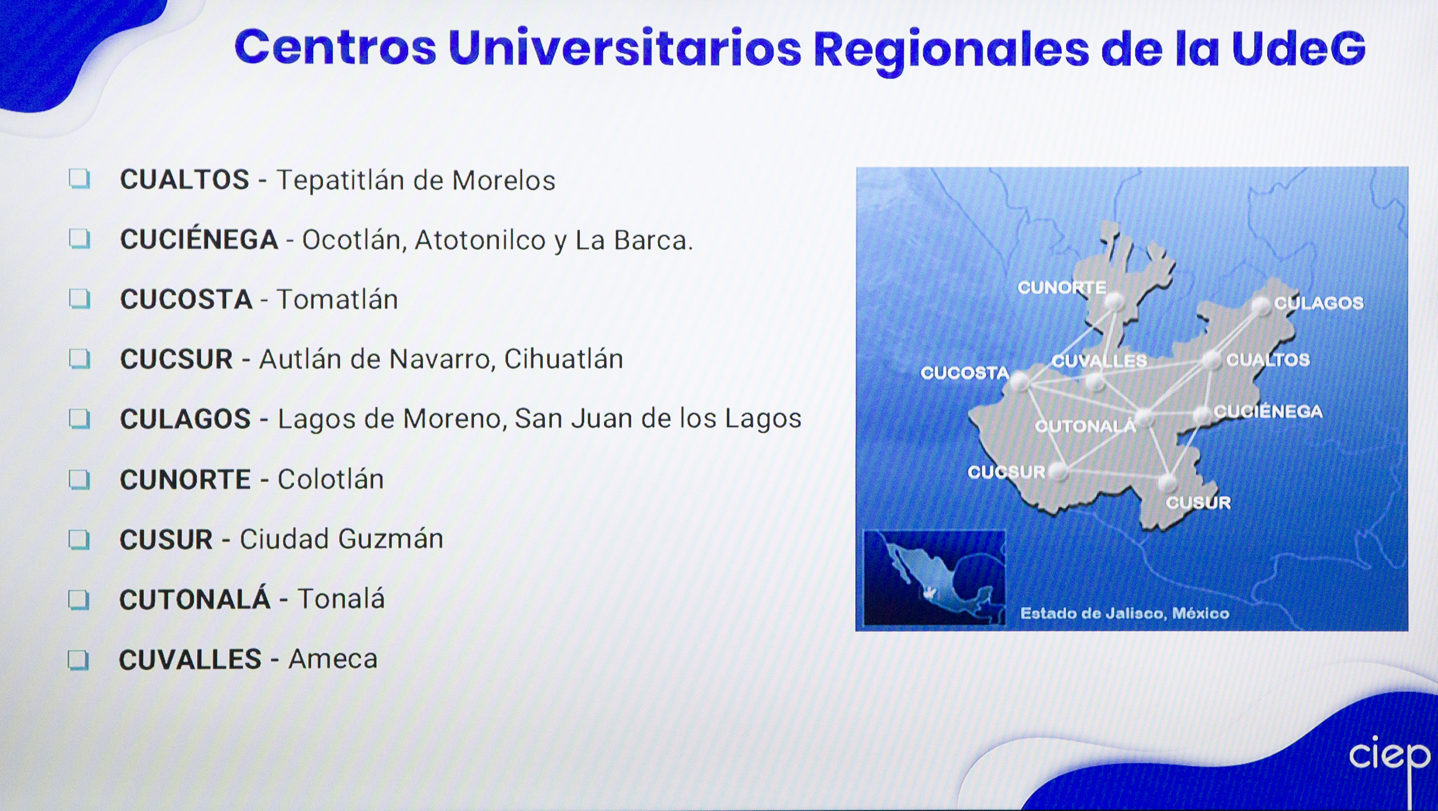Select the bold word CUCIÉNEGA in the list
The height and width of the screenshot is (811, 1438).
coord(199,240)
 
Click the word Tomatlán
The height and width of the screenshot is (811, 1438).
coord(337,299)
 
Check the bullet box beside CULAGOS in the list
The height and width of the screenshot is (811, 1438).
coord(79,418)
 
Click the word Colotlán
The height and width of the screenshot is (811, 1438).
coord(331,479)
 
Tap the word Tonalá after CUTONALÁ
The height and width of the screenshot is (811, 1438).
coord(341,599)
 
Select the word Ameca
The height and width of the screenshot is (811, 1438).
coord(333,659)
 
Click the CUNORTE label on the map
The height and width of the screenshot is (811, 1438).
coord(1062,288)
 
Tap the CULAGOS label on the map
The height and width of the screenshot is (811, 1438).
coord(1318,303)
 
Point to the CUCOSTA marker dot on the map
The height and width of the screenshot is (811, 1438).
coord(1019,382)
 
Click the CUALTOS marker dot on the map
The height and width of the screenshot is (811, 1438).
coord(1211,360)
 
